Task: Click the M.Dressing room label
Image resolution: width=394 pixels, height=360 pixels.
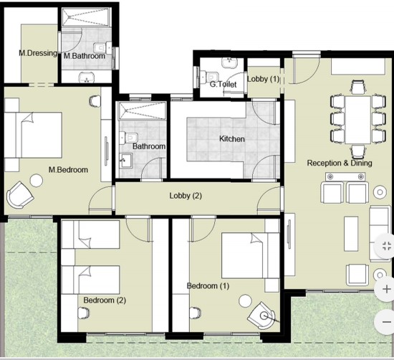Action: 38,53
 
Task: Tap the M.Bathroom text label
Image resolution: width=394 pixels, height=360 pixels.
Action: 85,56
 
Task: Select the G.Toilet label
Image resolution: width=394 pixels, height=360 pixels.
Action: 223,84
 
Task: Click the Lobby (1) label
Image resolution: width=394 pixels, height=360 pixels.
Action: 264,79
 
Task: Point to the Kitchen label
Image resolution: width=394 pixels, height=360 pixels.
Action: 232,138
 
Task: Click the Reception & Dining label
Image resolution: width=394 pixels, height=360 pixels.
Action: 340,163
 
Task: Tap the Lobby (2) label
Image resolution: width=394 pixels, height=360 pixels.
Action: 186,196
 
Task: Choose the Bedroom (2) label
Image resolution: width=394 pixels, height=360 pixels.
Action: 105,300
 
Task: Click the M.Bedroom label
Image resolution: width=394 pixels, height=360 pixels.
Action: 68,170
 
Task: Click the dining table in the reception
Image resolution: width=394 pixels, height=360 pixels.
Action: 357,120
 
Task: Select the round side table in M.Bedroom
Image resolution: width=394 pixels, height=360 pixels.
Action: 37,181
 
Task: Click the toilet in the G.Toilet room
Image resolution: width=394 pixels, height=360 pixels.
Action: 210,76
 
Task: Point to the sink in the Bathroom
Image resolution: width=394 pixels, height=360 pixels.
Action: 125,160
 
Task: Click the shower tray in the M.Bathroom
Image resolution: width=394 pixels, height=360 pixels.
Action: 86,17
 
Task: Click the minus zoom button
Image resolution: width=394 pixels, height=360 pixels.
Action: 386,322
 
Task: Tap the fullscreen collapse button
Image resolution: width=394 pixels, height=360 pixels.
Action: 386,246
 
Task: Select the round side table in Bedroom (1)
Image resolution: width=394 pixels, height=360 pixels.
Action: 245,301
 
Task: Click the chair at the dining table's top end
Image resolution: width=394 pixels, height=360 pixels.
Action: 358,87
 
